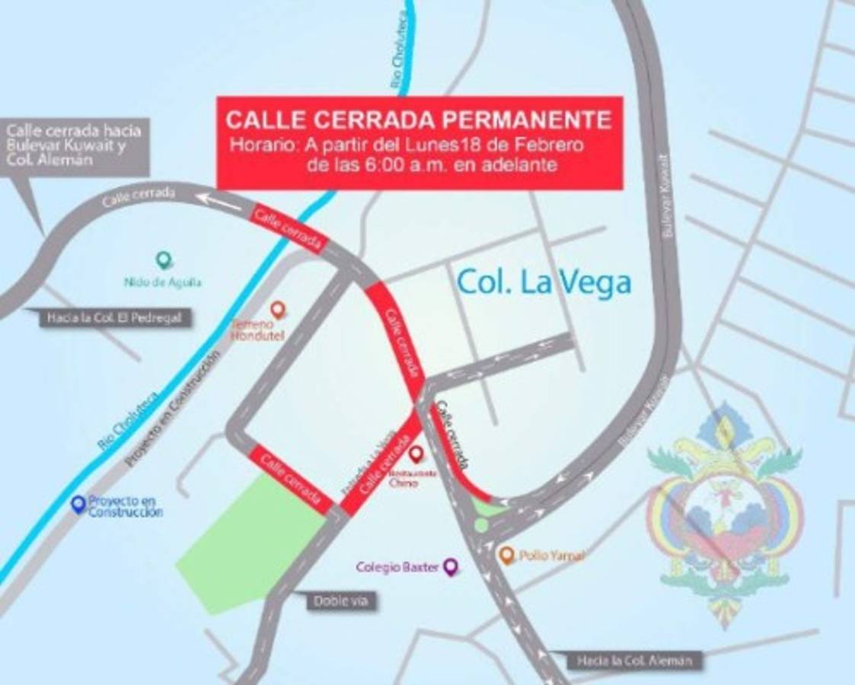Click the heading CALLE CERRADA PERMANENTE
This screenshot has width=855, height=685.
click(x=419, y=120)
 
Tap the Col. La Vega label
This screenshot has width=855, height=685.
click(x=544, y=282)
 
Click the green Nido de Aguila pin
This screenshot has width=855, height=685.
click(x=163, y=260)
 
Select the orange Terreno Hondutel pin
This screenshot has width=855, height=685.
click(x=278, y=309)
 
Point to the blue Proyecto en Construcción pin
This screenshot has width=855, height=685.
click(x=78, y=504)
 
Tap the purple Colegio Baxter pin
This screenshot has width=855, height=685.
click(x=451, y=566)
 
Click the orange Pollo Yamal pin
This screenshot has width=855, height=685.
click(x=506, y=555)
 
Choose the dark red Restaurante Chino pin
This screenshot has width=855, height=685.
click(x=416, y=454)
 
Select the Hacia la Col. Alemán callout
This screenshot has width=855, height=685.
click(x=633, y=660)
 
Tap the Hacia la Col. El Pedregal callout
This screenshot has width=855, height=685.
click(x=114, y=318)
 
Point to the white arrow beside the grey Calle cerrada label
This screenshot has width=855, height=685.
click(x=215, y=199)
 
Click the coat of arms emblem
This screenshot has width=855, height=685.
click(x=723, y=510)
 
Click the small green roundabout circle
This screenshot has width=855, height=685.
click(x=481, y=524)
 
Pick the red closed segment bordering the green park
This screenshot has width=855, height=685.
click(x=290, y=478)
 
